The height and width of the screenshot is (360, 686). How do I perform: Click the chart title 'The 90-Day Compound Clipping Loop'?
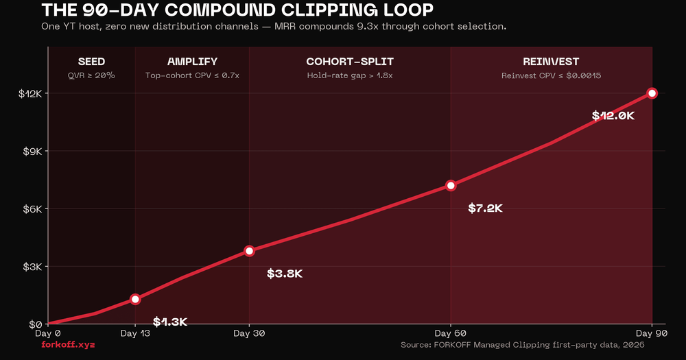[x=237, y=10]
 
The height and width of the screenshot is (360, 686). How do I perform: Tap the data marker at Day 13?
[x=135, y=299]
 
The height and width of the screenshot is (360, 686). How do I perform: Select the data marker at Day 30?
[x=249, y=251]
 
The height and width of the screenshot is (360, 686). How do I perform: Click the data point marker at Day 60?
[x=451, y=186]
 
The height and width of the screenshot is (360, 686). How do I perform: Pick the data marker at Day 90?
[x=652, y=93]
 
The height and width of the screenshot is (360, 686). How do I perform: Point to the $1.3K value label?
[x=170, y=322]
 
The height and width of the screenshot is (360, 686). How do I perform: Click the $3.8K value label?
[x=285, y=274]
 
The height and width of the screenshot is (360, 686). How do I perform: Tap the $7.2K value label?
[x=485, y=208]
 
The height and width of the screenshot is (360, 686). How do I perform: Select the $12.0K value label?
[x=613, y=116]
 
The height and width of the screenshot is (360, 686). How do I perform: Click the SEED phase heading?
[x=91, y=62]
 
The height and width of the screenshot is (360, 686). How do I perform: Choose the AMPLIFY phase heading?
[x=192, y=62]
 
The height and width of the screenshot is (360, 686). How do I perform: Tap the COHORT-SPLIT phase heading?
[x=350, y=62]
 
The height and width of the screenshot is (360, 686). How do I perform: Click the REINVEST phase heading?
[x=551, y=62]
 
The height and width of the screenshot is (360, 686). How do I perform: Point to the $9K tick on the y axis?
[x=30, y=151]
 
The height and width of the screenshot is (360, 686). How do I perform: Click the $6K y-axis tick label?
[x=30, y=208]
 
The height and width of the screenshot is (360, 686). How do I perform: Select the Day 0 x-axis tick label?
[x=48, y=333]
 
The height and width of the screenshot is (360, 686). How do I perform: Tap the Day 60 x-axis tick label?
[x=451, y=333]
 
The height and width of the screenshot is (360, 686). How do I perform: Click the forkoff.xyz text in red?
[x=68, y=344]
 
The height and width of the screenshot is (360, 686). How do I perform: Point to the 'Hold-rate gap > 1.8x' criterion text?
[x=350, y=75]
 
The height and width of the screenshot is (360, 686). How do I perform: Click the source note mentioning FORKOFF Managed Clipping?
[x=522, y=345]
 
